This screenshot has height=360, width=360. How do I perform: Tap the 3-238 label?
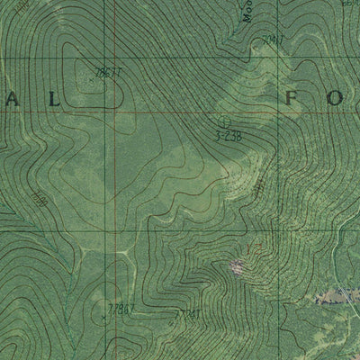pos(229,136)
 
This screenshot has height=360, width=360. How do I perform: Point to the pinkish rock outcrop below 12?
pos(237,265)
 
